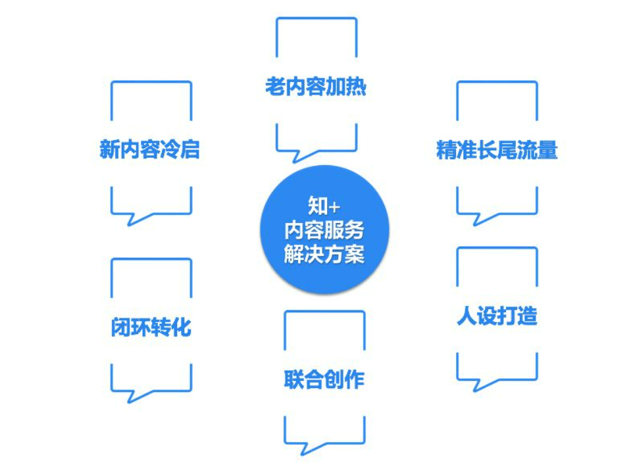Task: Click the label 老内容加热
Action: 315,87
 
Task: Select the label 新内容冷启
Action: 149,149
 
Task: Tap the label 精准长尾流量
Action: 497,150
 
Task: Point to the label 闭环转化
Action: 151,327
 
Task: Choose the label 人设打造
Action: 497,316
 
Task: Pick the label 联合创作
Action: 324,379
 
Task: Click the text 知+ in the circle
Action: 324,206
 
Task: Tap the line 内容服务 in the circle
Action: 324,230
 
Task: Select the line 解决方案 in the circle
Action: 324,255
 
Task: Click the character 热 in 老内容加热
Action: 356,87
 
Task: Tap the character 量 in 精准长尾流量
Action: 548,150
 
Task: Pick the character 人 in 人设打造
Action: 467,316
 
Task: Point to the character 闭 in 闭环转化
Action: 120,327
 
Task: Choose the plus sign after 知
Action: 334,207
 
